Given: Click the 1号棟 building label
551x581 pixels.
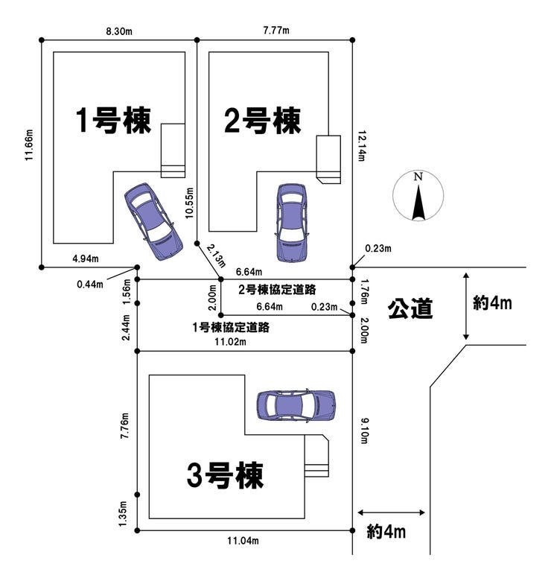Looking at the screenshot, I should click(113, 121).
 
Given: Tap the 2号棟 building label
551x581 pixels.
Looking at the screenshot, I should click(262, 121).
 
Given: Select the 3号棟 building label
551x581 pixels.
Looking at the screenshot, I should click(226, 474).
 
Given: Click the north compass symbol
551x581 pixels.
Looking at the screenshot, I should click(418, 197).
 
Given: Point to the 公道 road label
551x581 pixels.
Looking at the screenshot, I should click(410, 308).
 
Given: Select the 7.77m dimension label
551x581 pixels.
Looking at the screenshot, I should click(275, 31).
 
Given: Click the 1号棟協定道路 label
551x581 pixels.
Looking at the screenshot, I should click(230, 327).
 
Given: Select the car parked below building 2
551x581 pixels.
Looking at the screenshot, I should click(290, 222).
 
